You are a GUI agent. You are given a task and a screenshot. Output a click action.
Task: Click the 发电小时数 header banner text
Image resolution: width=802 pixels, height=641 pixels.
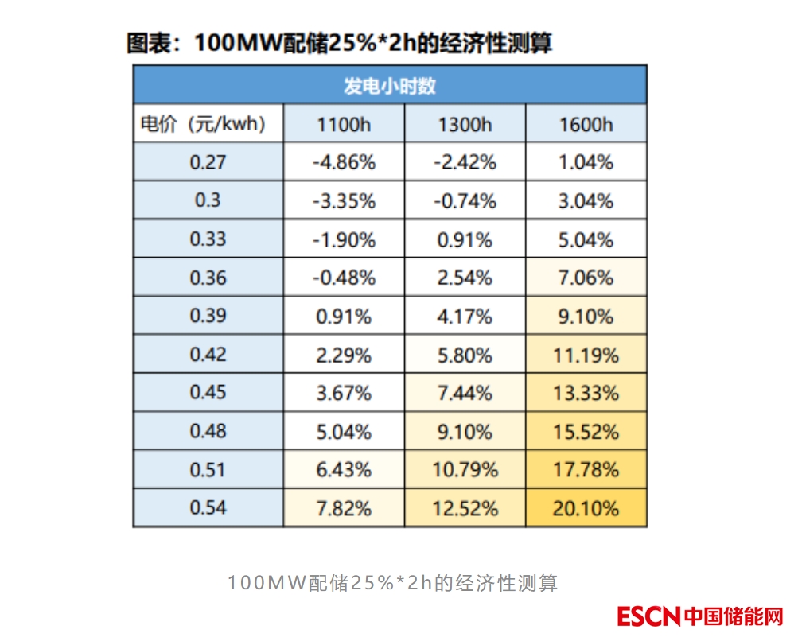[389, 86]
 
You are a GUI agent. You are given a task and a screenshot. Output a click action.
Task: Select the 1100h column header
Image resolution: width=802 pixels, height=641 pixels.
[344, 125]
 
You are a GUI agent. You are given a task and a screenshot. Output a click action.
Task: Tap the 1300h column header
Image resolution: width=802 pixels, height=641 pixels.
[465, 125]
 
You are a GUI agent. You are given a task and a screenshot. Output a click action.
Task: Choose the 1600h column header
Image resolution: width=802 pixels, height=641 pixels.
[586, 125]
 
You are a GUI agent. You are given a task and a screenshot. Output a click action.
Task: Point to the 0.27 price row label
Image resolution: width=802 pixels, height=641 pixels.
[208, 162]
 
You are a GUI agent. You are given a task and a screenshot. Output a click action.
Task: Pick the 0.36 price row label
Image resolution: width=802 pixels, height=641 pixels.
[208, 278]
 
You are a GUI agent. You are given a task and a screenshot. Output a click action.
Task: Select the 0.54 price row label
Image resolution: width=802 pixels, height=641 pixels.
[208, 507]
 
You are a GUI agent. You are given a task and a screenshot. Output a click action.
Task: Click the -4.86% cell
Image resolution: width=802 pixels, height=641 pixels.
[344, 163]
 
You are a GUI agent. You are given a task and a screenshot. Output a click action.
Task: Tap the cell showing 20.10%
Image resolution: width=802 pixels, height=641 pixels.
[586, 507]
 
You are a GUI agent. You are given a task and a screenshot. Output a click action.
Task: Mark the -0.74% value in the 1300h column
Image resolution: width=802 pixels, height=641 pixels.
[465, 201]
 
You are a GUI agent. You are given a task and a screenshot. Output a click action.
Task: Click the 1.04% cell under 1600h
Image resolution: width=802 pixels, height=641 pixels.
[586, 163]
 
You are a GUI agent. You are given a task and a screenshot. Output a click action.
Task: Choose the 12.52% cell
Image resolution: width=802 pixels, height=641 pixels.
[465, 507]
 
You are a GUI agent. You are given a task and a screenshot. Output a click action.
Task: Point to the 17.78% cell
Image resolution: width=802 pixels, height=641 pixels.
[586, 469]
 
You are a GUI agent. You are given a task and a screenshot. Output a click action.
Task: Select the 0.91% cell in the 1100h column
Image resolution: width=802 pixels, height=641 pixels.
[344, 317]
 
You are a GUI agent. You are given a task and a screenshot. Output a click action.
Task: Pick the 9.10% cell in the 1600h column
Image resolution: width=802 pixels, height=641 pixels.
[586, 317]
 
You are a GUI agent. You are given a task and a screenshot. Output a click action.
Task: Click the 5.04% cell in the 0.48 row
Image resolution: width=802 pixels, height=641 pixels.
[344, 431]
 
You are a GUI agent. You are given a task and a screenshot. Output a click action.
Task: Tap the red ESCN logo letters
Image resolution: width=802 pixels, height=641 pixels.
[648, 616]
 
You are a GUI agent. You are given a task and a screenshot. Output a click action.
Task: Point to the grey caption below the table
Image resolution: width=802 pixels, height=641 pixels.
[393, 583]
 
